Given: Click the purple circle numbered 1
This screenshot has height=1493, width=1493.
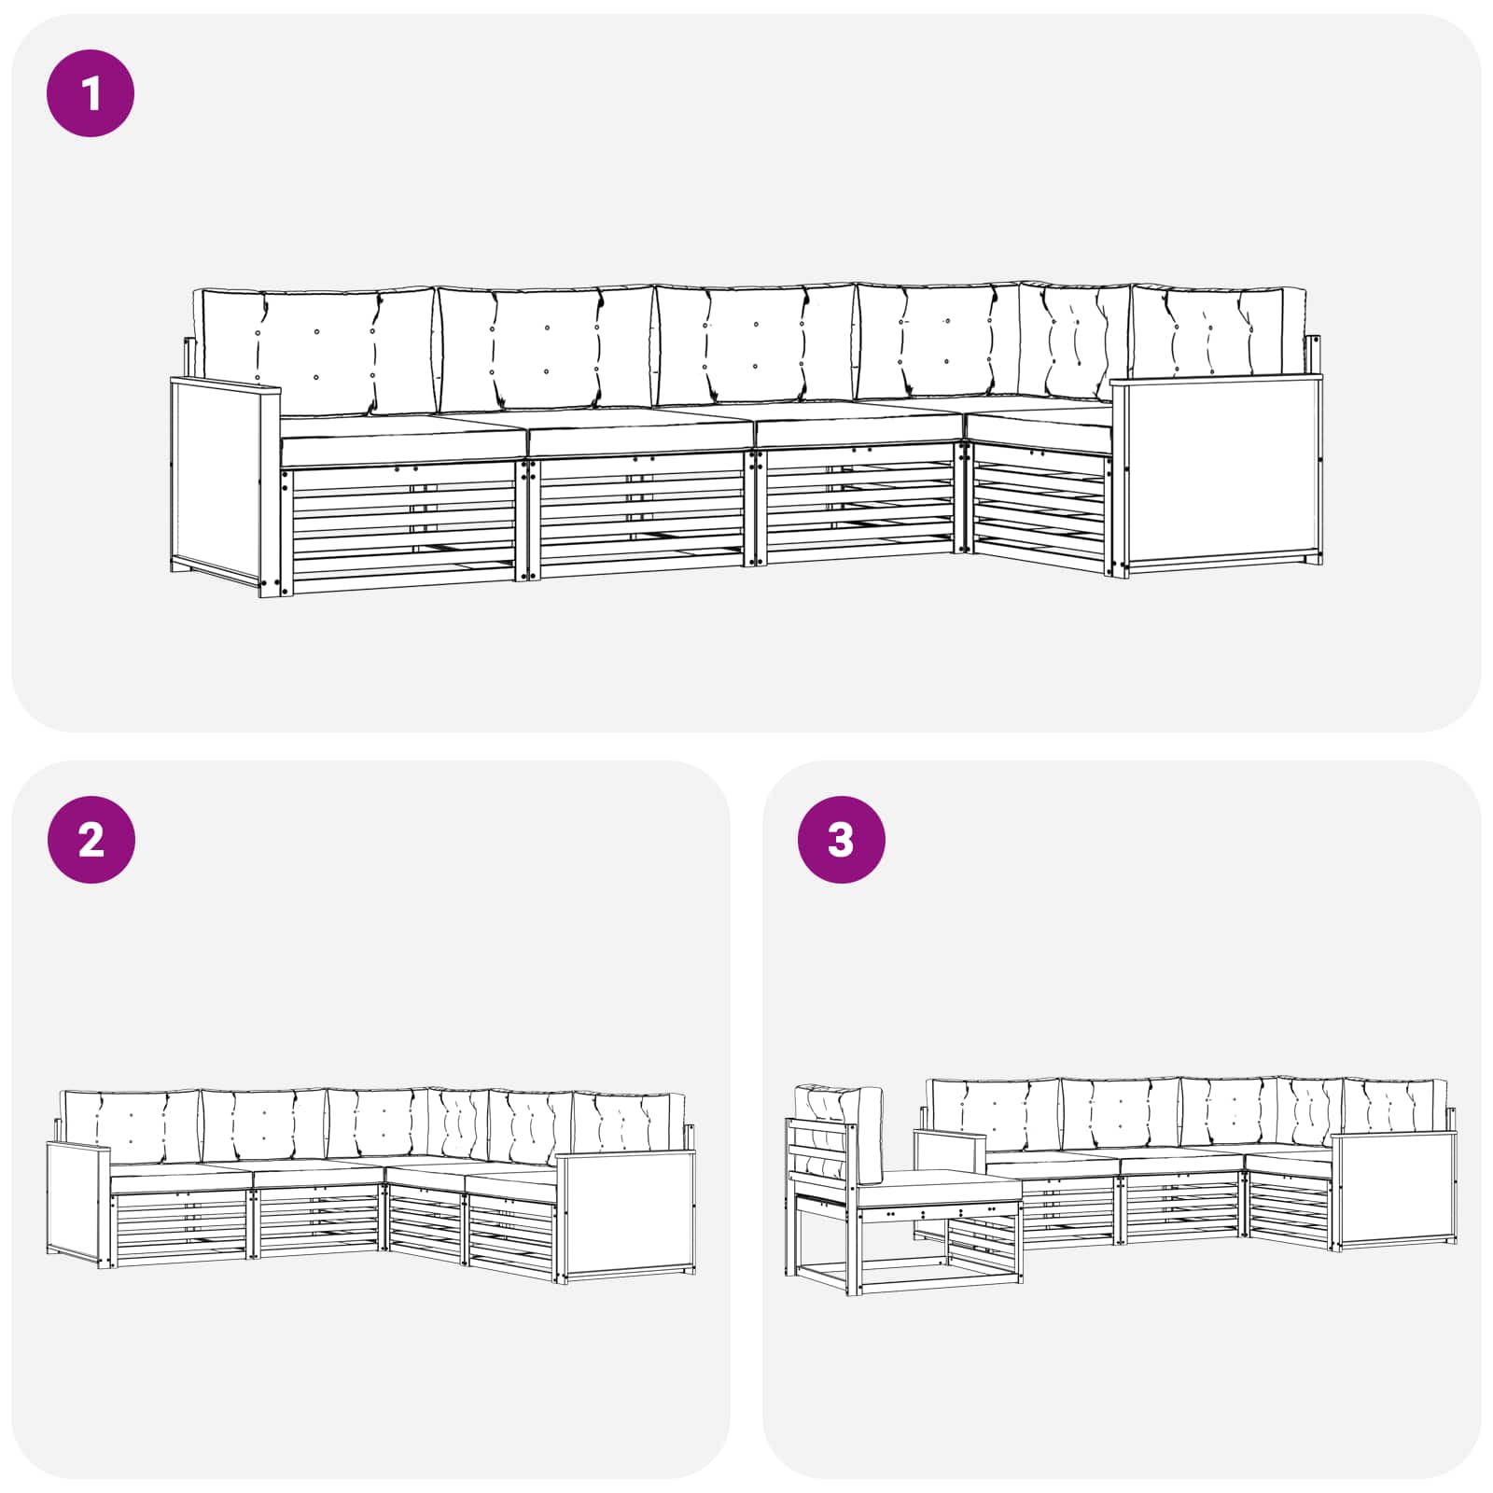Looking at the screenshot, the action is pyautogui.click(x=91, y=93).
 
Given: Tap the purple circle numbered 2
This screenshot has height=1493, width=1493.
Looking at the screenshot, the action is pyautogui.click(x=91, y=840).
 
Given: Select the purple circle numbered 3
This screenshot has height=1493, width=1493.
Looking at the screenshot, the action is pyautogui.click(x=841, y=840).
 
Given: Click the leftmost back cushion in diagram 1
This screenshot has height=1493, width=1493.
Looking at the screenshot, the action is pyautogui.click(x=314, y=351).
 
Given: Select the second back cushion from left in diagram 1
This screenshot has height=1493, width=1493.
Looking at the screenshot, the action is pyautogui.click(x=547, y=347).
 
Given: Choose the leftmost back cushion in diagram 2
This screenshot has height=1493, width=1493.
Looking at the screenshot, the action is pyautogui.click(x=131, y=1126).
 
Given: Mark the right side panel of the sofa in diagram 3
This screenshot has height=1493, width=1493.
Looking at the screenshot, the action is pyautogui.click(x=1394, y=1190).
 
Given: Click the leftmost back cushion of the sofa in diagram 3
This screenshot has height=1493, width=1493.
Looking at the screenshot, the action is pyautogui.click(x=994, y=1115).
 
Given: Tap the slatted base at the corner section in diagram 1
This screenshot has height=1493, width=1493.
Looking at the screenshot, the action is pyautogui.click(x=1039, y=504).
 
